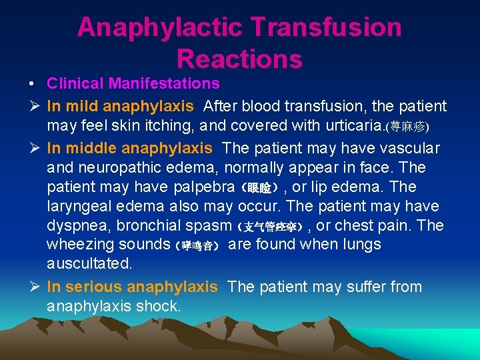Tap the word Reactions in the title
tap(239, 59)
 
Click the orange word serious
tap(94, 287)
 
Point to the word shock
tap(158, 307)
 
